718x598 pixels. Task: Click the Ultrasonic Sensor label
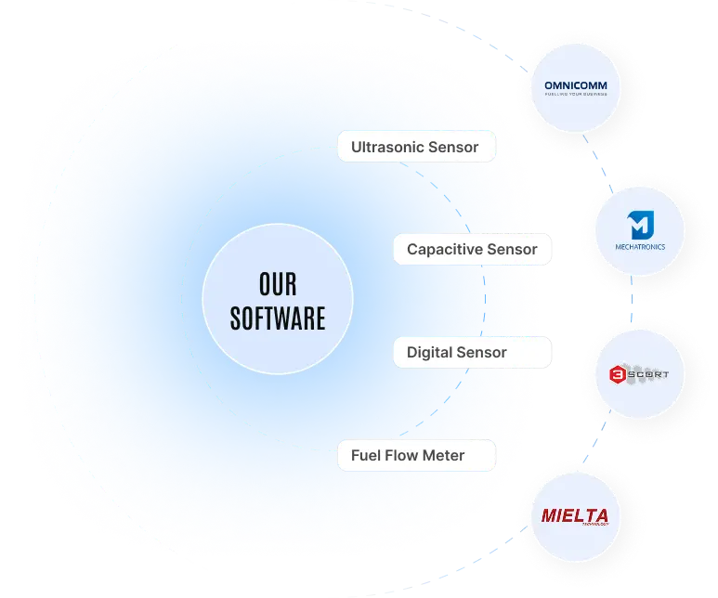click(x=414, y=147)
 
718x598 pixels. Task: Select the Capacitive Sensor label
click(x=472, y=250)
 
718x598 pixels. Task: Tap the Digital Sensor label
click(x=457, y=353)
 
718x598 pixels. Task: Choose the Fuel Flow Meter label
click(x=407, y=456)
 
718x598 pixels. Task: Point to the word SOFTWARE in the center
click(x=278, y=319)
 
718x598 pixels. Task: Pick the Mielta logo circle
click(x=576, y=517)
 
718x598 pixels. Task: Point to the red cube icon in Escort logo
click(x=617, y=375)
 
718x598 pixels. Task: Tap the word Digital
click(x=429, y=353)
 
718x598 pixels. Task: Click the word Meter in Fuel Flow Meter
click(x=443, y=456)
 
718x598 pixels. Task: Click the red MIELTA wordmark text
click(x=575, y=515)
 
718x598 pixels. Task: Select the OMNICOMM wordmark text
click(x=576, y=87)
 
